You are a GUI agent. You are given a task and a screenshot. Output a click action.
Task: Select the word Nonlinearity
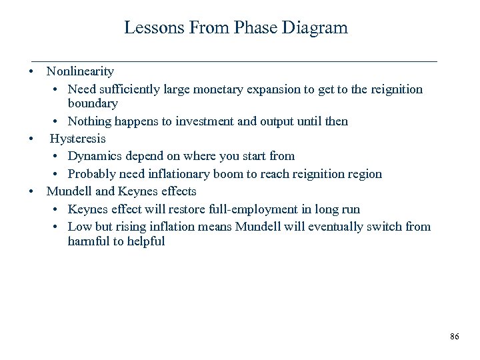pos(80,71)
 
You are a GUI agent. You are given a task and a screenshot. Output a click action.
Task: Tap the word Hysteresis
pos(78,139)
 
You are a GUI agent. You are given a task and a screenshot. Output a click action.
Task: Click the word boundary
pos(93,104)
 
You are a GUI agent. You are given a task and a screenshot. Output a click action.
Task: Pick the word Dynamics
pos(94,156)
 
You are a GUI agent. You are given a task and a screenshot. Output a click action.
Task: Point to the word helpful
pos(143,241)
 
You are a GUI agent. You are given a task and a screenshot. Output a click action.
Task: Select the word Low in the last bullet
pos(79,227)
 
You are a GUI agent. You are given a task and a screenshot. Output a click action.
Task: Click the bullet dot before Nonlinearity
pos(31,71)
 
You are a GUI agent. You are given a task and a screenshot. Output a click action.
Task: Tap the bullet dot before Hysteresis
pos(31,139)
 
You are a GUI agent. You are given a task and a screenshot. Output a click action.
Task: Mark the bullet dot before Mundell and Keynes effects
pos(31,192)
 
